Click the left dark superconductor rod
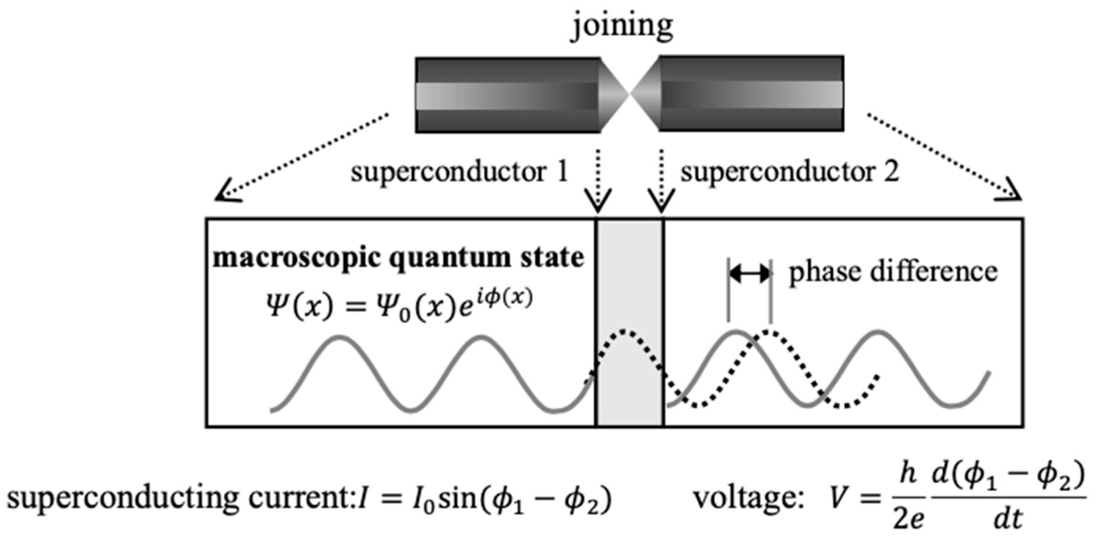click(507, 95)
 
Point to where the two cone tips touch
click(630, 94)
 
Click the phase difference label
click(893, 272)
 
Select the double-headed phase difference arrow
click(749, 273)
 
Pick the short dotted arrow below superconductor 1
click(598, 180)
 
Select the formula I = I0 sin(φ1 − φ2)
click(484, 499)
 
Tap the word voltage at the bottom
click(748, 499)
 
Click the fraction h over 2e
click(907, 499)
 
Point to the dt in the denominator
click(1008, 519)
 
